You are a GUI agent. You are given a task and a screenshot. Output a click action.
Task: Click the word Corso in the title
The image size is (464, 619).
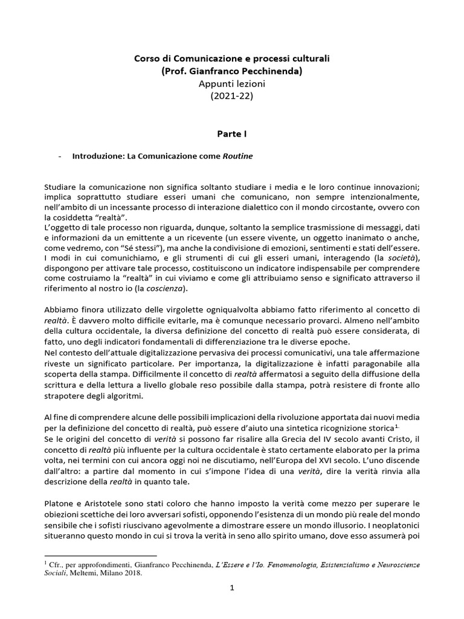point(145,59)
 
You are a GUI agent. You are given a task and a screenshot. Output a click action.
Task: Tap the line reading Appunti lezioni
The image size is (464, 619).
point(232,83)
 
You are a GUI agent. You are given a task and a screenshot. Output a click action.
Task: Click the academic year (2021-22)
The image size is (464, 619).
point(232,96)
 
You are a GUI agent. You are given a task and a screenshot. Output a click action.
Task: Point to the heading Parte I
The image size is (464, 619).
point(232,131)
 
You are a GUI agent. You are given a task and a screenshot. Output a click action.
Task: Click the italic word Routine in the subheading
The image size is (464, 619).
point(237,155)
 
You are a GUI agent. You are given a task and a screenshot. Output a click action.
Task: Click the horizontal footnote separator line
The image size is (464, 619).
point(101,555)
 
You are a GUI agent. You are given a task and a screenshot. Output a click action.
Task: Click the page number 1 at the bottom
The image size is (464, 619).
point(232,602)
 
